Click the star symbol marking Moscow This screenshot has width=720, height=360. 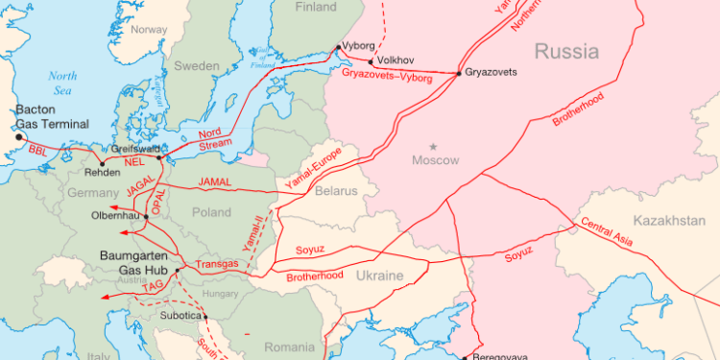pos(433,146)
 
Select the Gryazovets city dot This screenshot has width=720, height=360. pos(460,73)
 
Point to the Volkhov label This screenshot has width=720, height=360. pos(396,60)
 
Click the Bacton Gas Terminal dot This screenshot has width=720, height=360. pos(18,137)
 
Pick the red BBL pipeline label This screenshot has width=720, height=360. pos(37,151)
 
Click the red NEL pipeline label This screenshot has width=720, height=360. pos(134,162)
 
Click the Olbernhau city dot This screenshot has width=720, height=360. pos(146,217)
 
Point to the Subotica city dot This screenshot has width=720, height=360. pos(204,316)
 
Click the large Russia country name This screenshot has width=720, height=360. pos(566,51)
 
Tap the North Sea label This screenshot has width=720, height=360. pos(63,83)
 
